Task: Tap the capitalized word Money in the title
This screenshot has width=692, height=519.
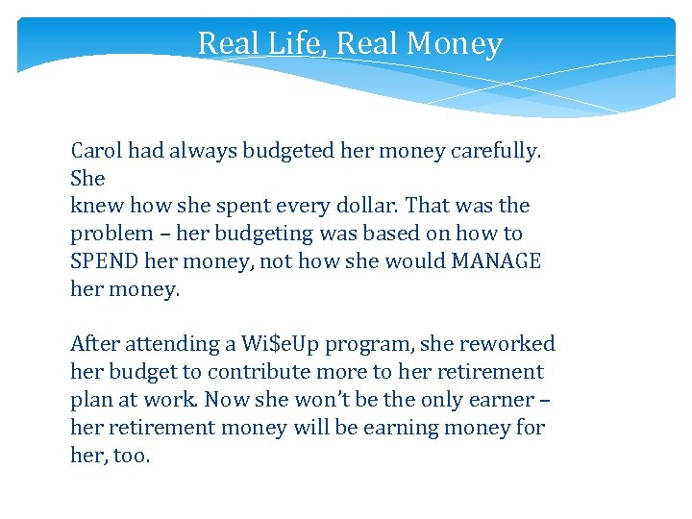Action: [x=455, y=44]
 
